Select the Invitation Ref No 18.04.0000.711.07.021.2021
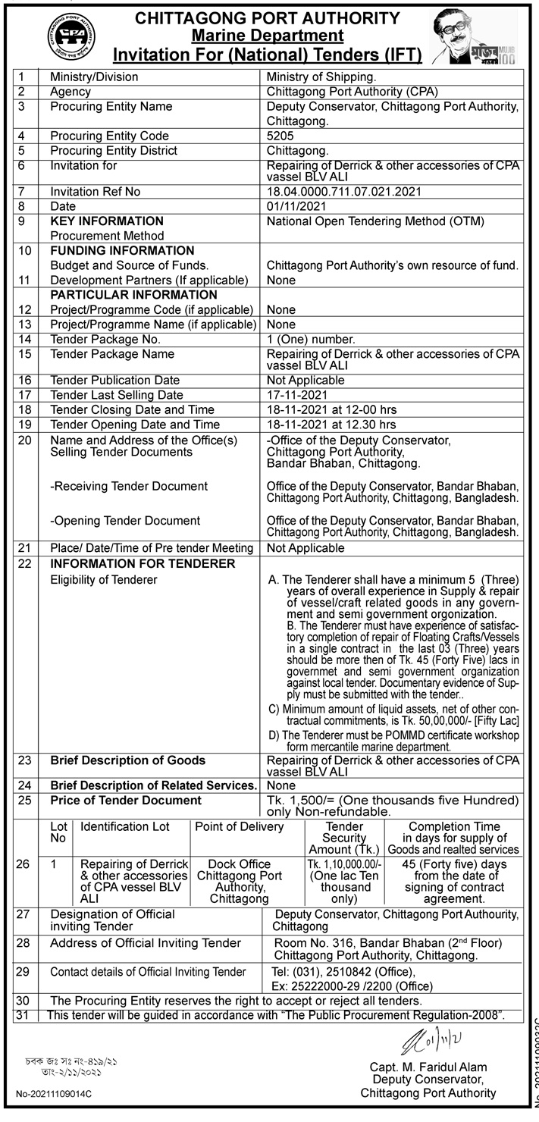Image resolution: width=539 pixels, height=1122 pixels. coord(343,192)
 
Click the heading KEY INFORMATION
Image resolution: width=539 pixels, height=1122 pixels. coord(107,221)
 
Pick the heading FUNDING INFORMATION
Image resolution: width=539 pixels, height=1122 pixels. coord(122,250)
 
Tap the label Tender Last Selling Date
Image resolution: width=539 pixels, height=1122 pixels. coord(117,395)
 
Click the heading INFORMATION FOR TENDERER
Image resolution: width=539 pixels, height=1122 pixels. coord(143,564)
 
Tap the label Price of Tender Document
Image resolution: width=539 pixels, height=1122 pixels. coord(126,801)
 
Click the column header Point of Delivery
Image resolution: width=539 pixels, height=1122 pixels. coord(240,826)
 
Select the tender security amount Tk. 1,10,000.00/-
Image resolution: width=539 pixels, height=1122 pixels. coord(344,865)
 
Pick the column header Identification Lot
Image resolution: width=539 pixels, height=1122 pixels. coord(125,826)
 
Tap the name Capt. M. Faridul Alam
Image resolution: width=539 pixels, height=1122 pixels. coord(428,1066)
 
